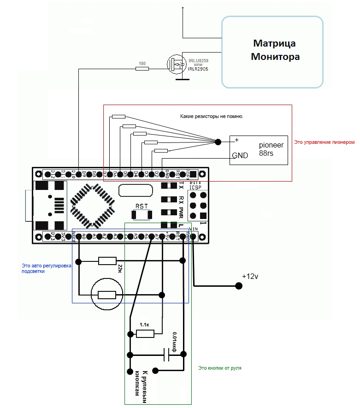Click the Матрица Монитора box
coord(272,52)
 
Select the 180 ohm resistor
coord(142,69)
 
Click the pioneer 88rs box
coord(259,150)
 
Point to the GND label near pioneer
coord(240,156)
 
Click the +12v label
coord(250,277)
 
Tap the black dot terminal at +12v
coord(239,286)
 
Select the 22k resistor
coord(107,261)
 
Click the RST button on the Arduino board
coord(142,214)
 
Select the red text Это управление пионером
coord(324,142)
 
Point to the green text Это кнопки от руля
coord(220,368)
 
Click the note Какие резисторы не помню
coord(212,117)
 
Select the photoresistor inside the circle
coord(106,294)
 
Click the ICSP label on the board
coord(195,188)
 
